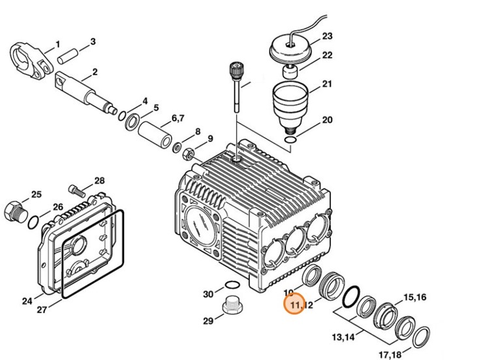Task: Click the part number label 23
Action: pyautogui.click(x=328, y=36)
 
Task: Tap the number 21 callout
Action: pyautogui.click(x=328, y=84)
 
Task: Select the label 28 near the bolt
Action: pyautogui.click(x=100, y=181)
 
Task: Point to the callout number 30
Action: pyautogui.click(x=208, y=294)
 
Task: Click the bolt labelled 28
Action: pyautogui.click(x=78, y=191)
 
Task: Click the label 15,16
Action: pyautogui.click(x=415, y=298)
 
